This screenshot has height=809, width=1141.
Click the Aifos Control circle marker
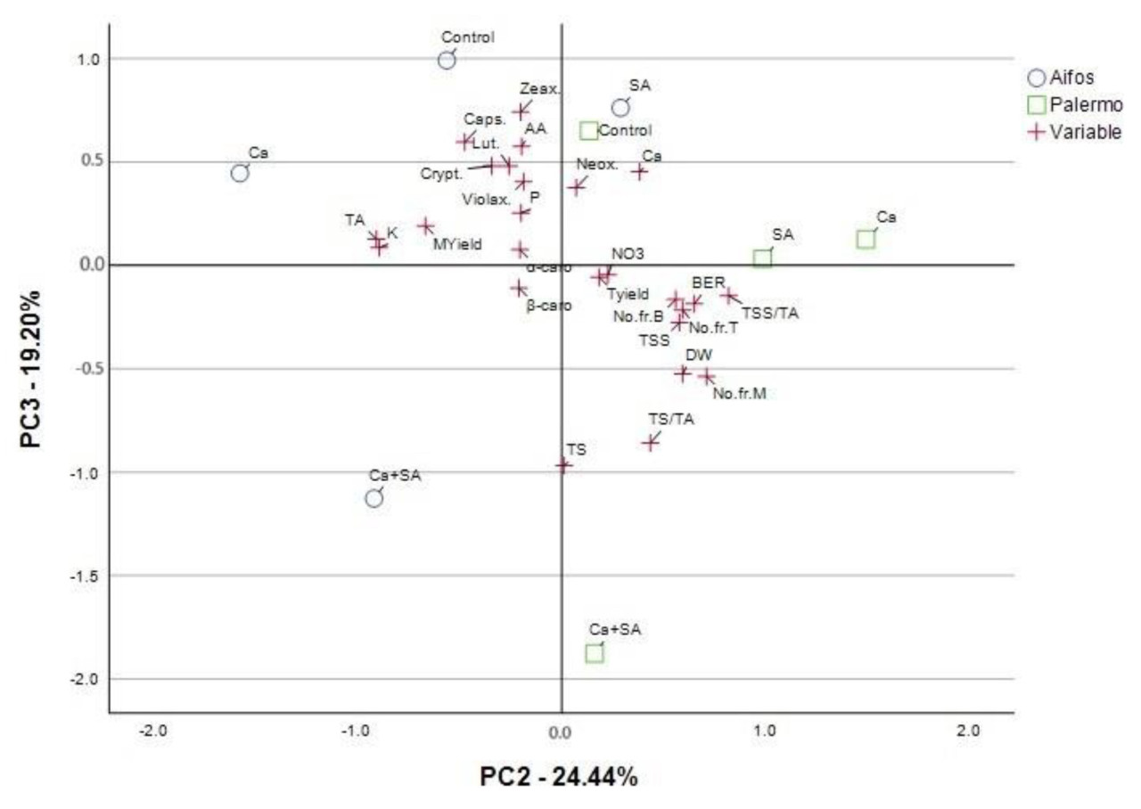coord(447,60)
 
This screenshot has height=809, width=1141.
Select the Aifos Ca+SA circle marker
coord(374,498)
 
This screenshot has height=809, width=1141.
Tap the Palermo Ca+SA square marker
coord(595,653)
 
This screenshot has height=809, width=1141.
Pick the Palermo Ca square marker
coord(866,239)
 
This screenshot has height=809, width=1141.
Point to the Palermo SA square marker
coord(763,258)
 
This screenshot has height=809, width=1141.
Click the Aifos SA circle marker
coord(620,108)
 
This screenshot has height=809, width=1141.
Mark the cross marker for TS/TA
coord(651,442)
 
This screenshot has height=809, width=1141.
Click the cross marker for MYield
coord(426,226)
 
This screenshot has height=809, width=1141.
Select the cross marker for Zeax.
coord(521,111)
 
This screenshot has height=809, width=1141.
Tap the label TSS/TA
coord(770,313)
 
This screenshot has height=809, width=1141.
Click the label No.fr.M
coord(739,393)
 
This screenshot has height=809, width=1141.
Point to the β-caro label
coord(548,305)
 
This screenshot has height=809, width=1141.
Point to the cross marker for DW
coord(683,373)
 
